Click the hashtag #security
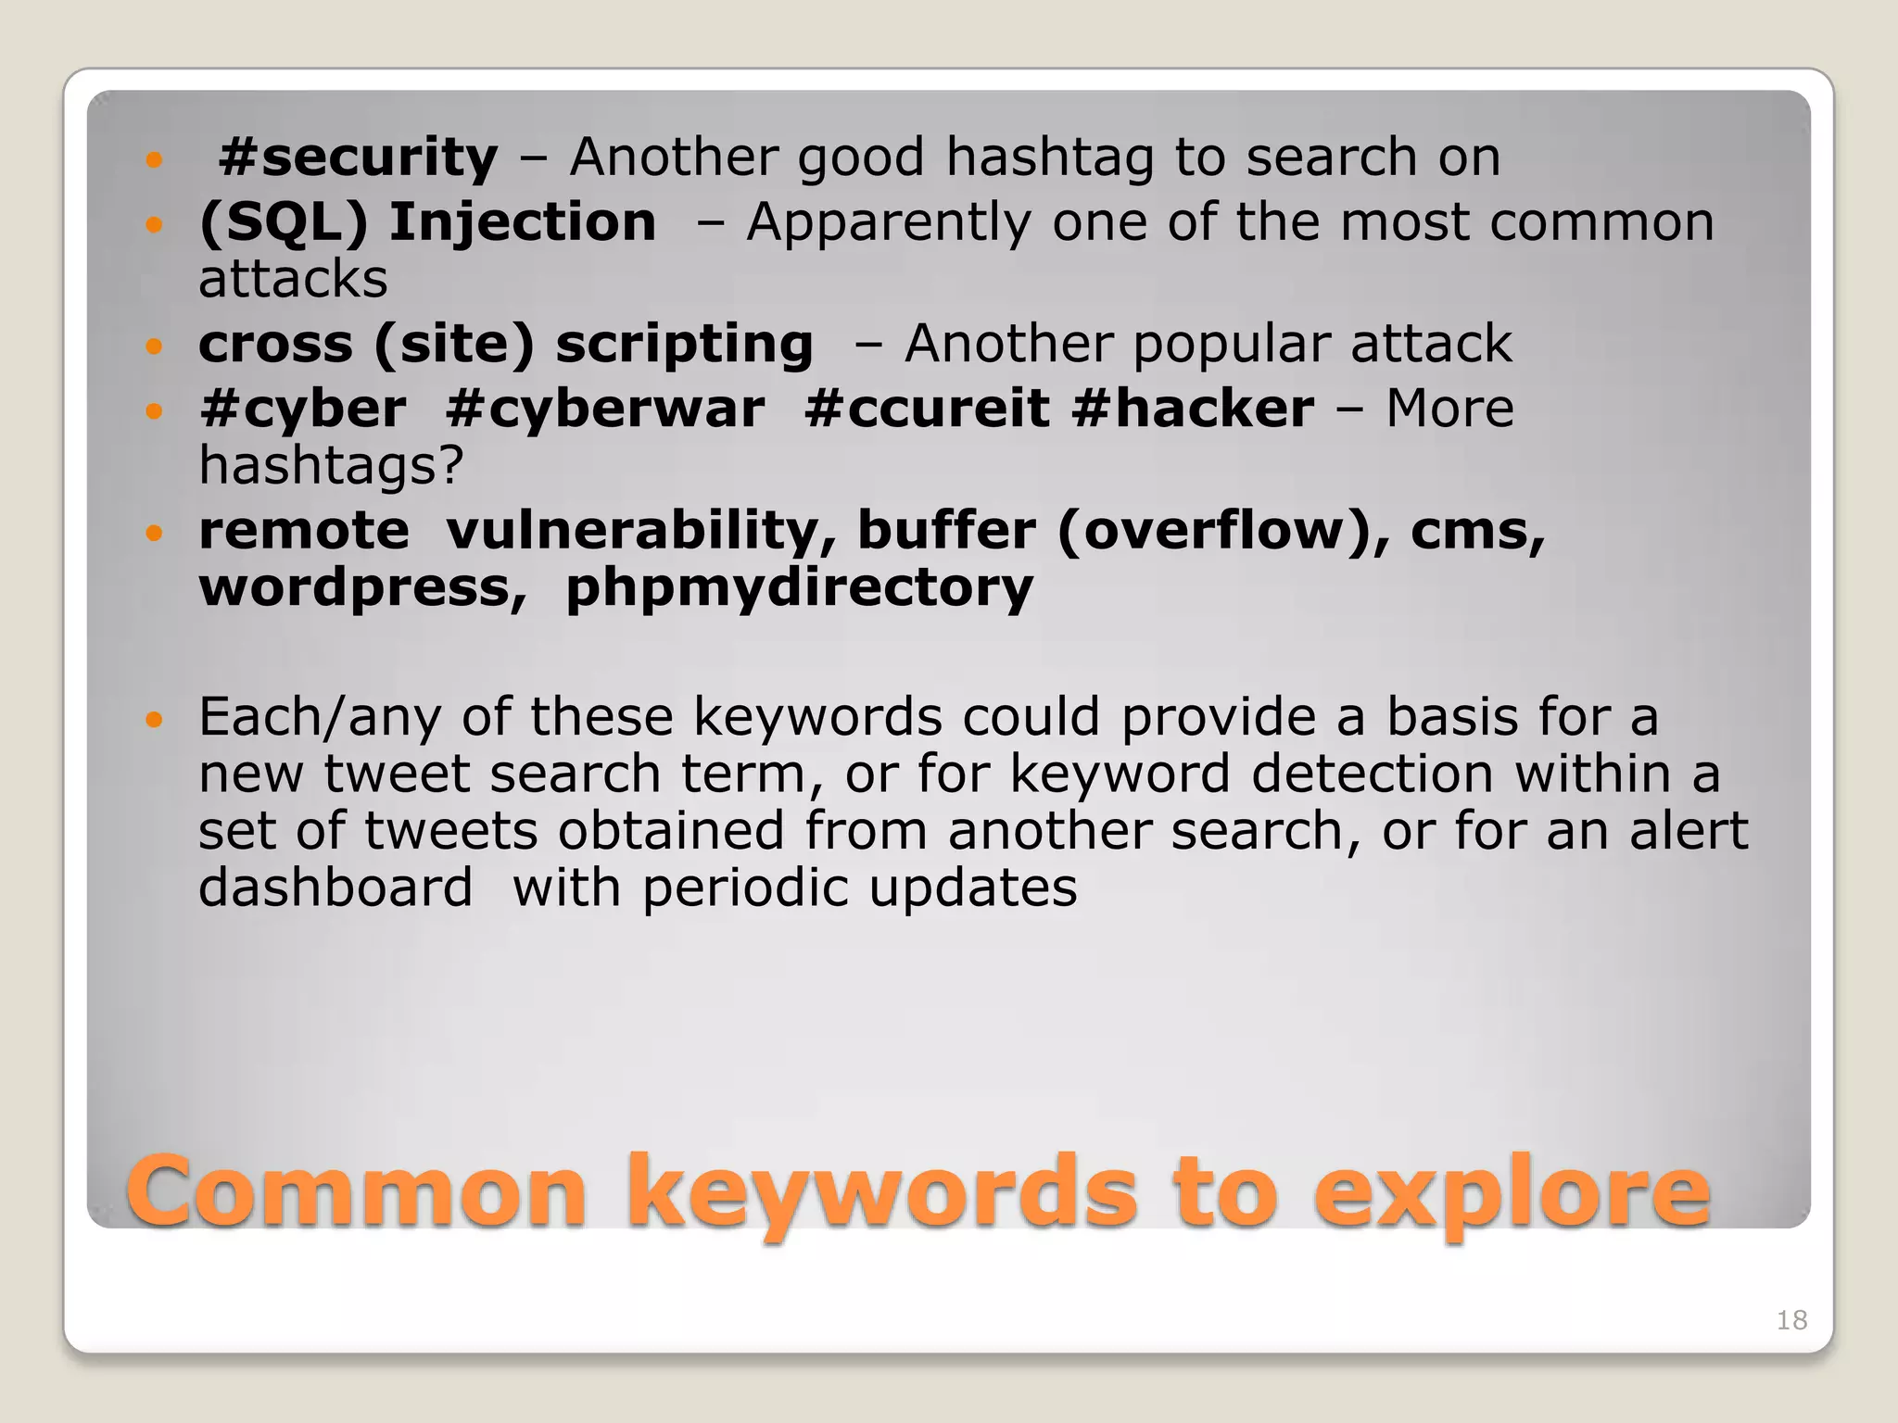point(358,157)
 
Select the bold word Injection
point(522,222)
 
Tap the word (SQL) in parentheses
point(284,223)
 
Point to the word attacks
point(293,280)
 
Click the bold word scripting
point(684,345)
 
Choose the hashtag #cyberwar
point(605,409)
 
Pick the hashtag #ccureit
point(926,409)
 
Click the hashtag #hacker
point(1192,409)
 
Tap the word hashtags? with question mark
point(331,465)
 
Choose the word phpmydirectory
point(799,588)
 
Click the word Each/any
point(319,718)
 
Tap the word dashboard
point(335,888)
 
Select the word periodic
point(744,888)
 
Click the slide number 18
point(1791,1320)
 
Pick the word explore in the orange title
point(1512,1192)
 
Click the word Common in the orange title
point(357,1192)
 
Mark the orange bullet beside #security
point(154,160)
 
